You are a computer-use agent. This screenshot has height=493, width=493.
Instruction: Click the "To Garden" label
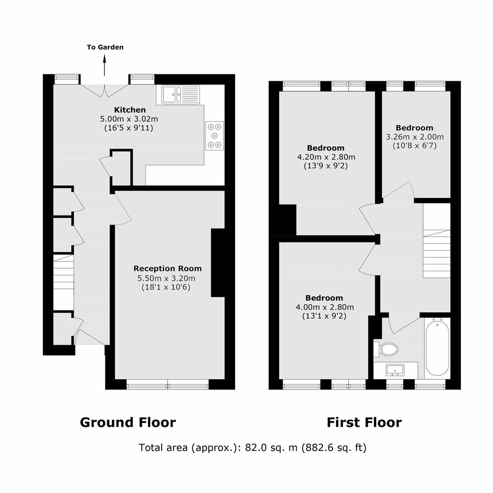(x=105, y=47)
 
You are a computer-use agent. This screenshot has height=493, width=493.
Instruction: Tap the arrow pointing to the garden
(x=105, y=65)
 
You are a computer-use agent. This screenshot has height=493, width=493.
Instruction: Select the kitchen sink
(x=180, y=94)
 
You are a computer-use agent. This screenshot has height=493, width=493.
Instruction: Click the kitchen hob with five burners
(x=215, y=135)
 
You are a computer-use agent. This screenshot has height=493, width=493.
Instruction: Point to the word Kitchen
(x=130, y=110)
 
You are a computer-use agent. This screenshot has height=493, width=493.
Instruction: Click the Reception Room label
(x=168, y=269)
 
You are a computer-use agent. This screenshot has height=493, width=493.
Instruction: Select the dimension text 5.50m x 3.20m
(x=166, y=278)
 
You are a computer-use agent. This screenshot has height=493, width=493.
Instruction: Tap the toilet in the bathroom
(x=386, y=349)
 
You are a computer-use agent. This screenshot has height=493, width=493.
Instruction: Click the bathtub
(x=437, y=347)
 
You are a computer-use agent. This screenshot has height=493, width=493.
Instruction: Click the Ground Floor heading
(x=127, y=422)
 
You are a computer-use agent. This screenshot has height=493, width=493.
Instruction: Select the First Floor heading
(x=364, y=422)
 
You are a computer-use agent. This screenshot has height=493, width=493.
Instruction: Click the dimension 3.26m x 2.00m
(x=415, y=137)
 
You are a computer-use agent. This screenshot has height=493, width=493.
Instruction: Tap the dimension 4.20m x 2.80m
(x=326, y=157)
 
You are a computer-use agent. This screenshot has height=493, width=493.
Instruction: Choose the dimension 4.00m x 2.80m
(x=325, y=307)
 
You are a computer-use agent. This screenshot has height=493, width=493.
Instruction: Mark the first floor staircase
(x=437, y=241)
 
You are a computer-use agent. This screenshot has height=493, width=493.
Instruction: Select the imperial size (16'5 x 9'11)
(x=128, y=128)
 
